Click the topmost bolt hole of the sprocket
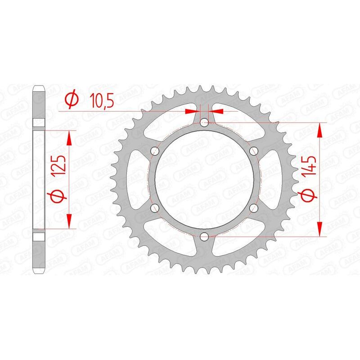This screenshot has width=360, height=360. [205, 122]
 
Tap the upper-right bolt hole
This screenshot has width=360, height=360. [254, 150]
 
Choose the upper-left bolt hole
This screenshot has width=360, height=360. [156, 150]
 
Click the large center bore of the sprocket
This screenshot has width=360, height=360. [205, 179]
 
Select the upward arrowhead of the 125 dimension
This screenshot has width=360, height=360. [69, 137]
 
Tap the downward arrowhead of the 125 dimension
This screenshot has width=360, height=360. [69, 221]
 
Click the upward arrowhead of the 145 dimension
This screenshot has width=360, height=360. [320, 131]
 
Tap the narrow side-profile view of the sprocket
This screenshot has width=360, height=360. [39, 179]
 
